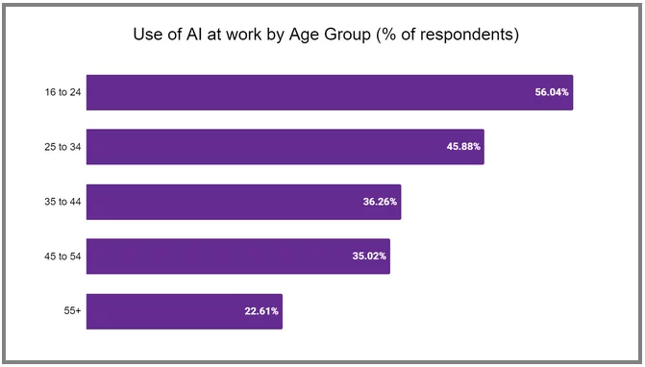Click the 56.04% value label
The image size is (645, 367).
[552, 92]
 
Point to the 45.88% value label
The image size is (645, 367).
[462, 147]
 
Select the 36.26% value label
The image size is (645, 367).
[380, 202]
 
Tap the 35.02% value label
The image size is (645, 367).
[368, 257]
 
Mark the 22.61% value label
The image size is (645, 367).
[260, 311]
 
